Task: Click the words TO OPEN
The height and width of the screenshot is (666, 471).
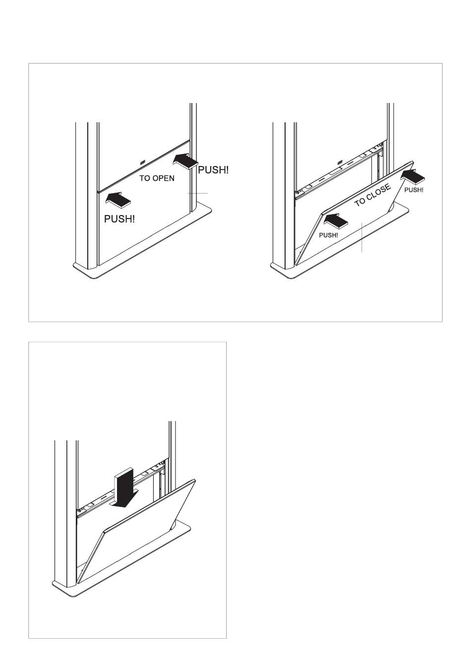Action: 157,178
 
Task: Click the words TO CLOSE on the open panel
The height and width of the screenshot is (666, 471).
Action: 373,195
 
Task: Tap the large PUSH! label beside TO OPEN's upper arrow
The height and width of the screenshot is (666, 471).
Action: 214,170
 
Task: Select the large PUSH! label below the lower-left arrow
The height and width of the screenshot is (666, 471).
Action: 119,219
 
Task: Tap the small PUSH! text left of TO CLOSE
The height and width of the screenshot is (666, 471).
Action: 328,235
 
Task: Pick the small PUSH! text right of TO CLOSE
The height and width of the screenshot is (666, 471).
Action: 413,190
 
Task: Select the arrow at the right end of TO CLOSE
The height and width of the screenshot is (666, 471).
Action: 414,175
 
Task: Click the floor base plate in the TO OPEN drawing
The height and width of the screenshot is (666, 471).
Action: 149,253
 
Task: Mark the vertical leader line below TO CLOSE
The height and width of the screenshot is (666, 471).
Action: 362,238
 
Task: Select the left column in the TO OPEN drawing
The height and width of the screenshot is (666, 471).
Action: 81,193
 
